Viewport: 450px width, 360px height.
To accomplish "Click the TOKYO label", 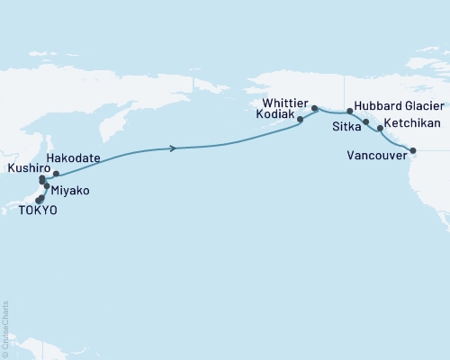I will (x=37, y=210).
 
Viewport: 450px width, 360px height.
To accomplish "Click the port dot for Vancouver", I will (x=413, y=150).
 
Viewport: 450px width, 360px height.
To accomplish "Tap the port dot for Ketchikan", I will (x=379, y=129).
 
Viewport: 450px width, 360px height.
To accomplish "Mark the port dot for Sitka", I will (x=365, y=121).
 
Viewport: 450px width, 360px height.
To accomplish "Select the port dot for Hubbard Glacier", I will (x=349, y=112).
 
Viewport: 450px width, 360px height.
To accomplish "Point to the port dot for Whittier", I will (x=314, y=109).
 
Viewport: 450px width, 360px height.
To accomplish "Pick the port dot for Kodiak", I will (x=300, y=118).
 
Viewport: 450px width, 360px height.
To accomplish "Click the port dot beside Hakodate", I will (x=56, y=174).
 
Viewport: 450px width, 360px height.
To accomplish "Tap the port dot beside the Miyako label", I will (x=47, y=186).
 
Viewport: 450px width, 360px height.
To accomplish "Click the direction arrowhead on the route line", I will (x=171, y=148).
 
